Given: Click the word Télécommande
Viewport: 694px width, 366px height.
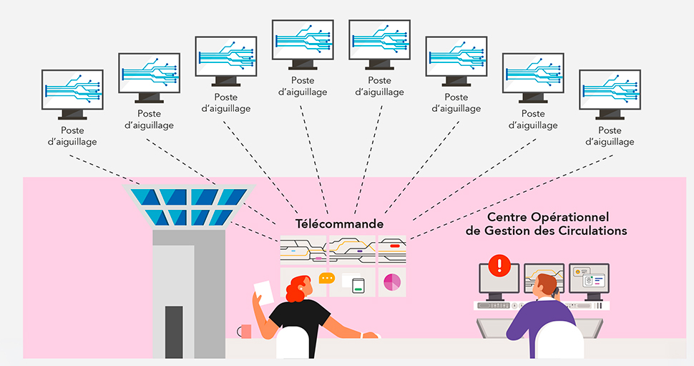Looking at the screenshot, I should coord(340,224).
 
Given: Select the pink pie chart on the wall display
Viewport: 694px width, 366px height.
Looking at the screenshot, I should coord(392,281).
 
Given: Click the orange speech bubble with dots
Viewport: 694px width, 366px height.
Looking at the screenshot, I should coord(327,278).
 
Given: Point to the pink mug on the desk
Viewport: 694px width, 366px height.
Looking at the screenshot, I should coord(245,331).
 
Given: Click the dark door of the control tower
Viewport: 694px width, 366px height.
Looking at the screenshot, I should coord(174,331).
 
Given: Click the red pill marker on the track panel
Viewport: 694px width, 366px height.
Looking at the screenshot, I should coord(394,246).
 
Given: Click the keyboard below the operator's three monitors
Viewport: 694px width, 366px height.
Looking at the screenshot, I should coord(501,305).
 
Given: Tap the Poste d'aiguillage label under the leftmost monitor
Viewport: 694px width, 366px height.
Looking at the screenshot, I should coord(72,136).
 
